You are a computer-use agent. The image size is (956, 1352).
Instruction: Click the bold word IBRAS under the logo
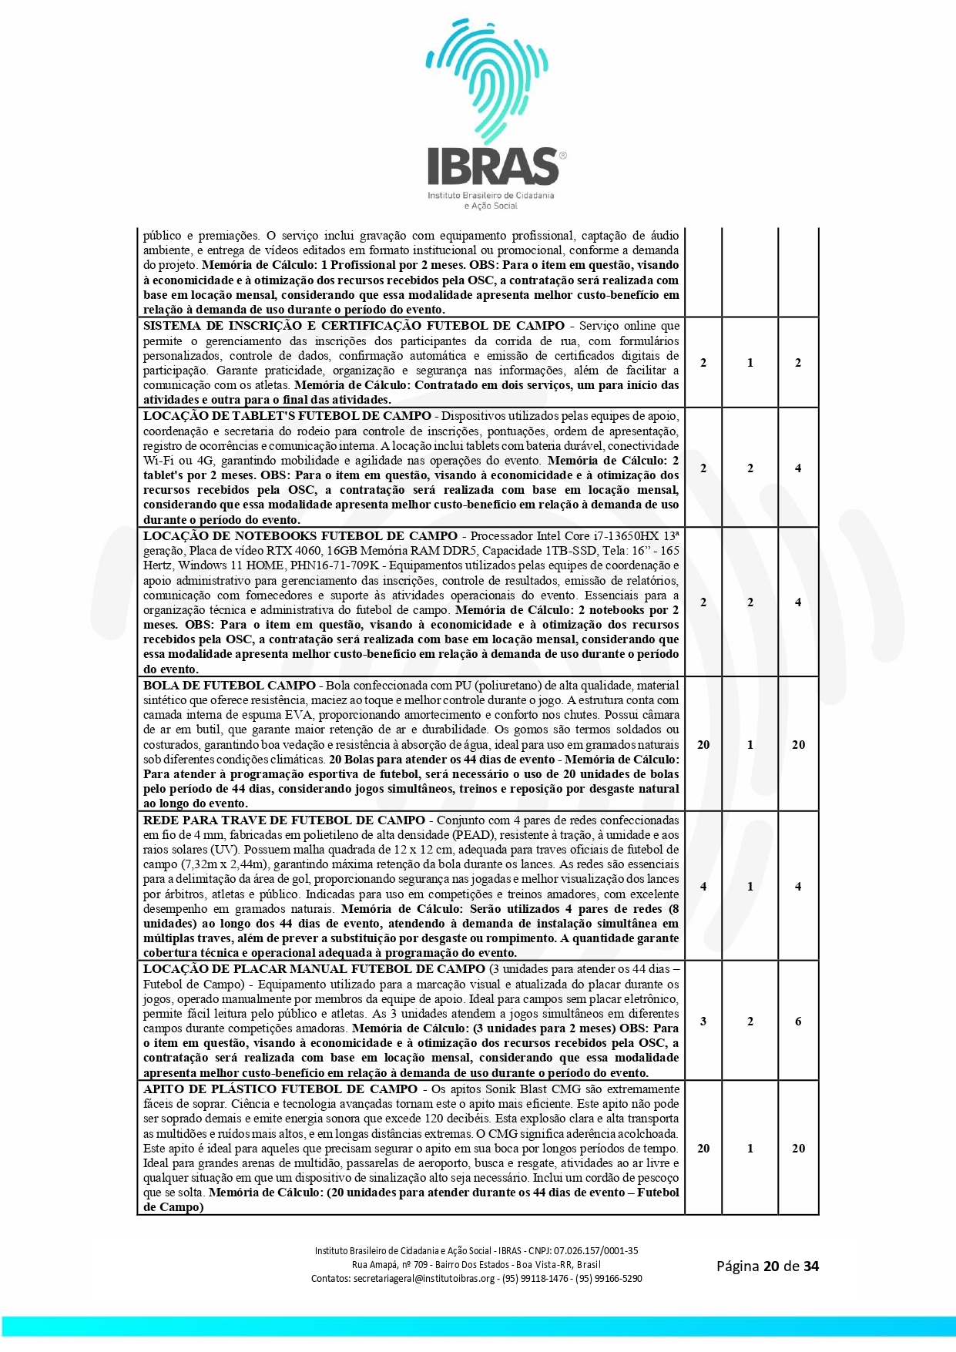point(493,166)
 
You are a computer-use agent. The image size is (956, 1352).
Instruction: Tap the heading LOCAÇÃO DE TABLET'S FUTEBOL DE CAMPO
point(287,416)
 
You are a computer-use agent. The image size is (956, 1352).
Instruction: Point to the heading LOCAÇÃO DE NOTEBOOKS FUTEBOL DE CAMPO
point(300,535)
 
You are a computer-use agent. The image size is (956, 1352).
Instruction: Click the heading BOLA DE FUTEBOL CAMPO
point(229,686)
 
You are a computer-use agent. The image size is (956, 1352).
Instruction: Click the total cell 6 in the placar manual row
point(798,1022)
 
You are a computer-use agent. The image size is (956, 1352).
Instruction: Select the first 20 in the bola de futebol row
point(703,745)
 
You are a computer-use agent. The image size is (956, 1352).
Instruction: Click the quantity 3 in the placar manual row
point(703,1022)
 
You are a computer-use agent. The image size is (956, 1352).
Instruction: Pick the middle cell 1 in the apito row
point(750,1149)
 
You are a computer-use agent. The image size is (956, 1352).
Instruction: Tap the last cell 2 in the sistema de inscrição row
point(798,363)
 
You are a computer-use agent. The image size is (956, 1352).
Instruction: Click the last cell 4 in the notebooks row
point(798,602)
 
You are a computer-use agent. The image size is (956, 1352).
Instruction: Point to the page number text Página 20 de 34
point(767,1266)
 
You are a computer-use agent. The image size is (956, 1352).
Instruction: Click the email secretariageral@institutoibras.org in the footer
point(424,1279)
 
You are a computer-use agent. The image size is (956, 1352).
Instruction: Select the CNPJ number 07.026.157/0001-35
point(595,1251)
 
